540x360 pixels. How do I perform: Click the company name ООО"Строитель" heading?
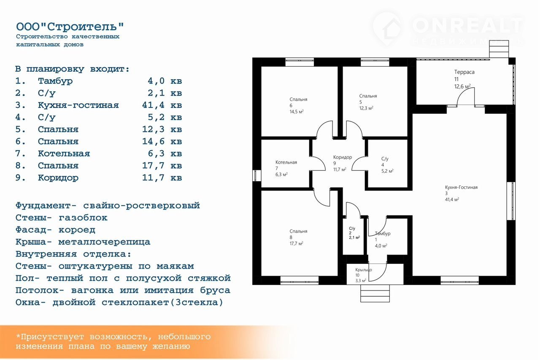(x=70, y=27)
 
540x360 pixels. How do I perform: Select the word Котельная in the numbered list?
(x=64, y=153)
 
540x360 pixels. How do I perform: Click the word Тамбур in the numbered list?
(x=55, y=81)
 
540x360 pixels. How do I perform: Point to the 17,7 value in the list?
(x=153, y=166)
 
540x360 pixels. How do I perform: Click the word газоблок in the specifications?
(x=83, y=218)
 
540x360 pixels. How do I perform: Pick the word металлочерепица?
(x=104, y=242)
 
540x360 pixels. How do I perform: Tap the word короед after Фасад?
(x=77, y=230)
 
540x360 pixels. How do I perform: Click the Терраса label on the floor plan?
(x=464, y=72)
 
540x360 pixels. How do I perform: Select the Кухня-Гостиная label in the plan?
(x=461, y=187)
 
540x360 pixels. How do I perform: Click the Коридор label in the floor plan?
(x=343, y=157)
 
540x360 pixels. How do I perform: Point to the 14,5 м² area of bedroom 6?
(x=297, y=112)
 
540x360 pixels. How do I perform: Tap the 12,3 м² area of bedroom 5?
(x=366, y=108)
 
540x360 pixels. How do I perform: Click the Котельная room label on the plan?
(x=286, y=162)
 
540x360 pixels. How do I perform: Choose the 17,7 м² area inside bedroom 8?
(x=296, y=243)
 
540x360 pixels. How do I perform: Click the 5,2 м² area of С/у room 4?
(x=387, y=171)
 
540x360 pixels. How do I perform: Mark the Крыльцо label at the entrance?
(x=364, y=270)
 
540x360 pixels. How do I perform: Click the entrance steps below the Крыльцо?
(x=375, y=293)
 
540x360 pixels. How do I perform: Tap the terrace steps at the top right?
(x=499, y=49)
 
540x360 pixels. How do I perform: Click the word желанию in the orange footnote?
(x=171, y=347)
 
